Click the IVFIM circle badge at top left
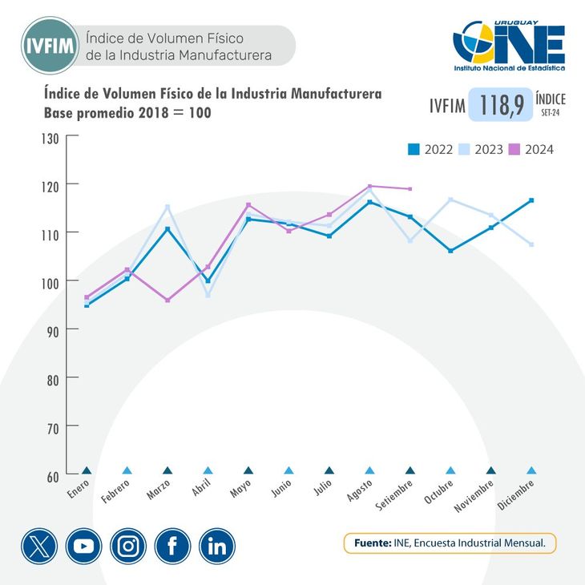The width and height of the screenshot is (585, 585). (x=50, y=45)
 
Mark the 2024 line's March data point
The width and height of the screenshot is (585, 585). (x=167, y=301)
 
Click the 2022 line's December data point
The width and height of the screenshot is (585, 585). (x=531, y=200)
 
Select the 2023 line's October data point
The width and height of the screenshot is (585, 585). (x=450, y=200)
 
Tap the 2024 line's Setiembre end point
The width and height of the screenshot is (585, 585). (x=410, y=189)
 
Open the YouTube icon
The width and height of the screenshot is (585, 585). (x=83, y=547)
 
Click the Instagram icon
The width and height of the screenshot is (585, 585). (x=128, y=547)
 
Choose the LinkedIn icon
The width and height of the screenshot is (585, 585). (x=217, y=547)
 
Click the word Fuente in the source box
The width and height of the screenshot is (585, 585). (x=372, y=543)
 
